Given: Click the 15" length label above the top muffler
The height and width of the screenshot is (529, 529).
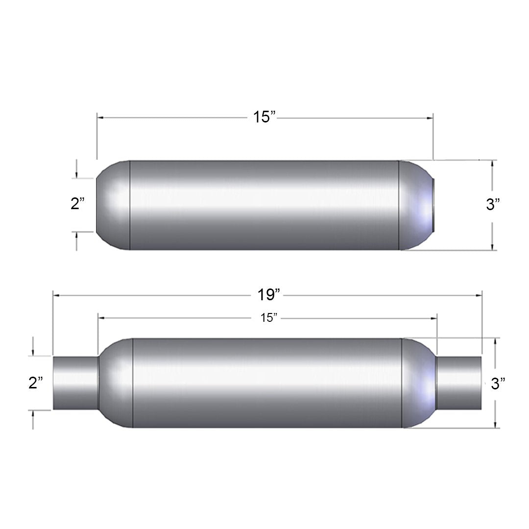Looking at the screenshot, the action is pos(264,117).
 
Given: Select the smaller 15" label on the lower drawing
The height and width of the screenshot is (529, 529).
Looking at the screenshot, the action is pos(268,317).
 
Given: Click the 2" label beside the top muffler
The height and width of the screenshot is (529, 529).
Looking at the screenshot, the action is pos(77,204).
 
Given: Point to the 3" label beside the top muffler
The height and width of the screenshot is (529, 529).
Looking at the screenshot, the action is pos(493,204).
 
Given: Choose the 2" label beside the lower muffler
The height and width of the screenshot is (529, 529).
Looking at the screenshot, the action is pos(35,383).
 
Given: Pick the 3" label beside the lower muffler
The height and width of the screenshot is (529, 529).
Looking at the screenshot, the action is pos(498,384).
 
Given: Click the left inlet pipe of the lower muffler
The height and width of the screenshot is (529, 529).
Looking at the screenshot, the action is pos(75,383).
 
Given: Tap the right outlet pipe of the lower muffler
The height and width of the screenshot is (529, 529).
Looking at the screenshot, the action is pos(459,383).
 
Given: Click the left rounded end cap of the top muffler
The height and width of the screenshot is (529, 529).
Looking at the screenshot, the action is pos(113,205).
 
